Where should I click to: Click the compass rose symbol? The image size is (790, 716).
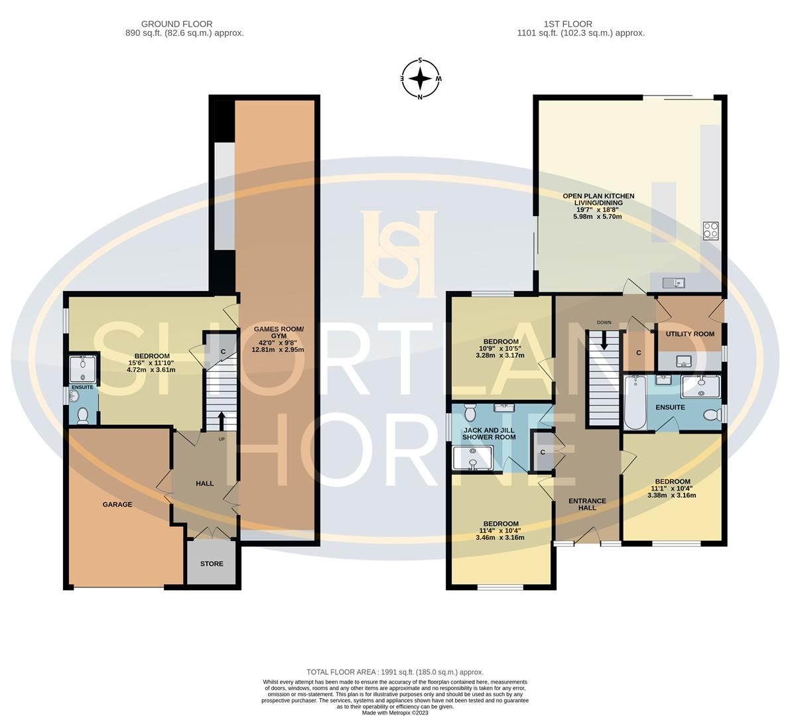420,79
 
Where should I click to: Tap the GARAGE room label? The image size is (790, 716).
117,505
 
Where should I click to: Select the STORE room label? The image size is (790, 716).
212,564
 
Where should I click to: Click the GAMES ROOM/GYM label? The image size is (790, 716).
279,333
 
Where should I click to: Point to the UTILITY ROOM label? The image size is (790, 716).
690,333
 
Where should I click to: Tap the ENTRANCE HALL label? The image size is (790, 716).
587,504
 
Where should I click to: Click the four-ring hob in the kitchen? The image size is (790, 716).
710,231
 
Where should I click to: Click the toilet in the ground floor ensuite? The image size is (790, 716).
83,415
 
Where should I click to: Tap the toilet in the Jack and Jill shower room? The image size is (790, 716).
470,414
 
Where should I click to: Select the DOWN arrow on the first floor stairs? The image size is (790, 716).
604,339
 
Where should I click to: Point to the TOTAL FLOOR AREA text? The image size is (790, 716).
395,672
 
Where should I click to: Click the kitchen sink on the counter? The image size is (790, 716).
677,283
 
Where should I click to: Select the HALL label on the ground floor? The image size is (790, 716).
204,483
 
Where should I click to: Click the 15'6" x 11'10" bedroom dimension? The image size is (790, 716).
151,363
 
